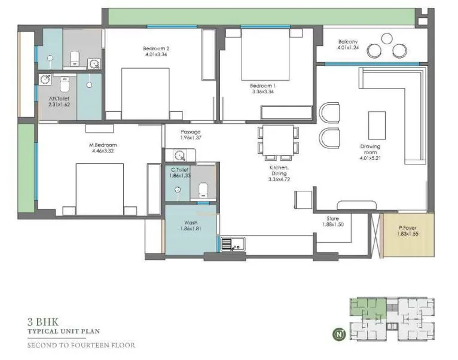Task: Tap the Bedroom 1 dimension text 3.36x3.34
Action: [x=262, y=93]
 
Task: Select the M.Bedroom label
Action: [x=103, y=145]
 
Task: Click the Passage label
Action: [x=191, y=132]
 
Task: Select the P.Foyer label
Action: [x=409, y=228]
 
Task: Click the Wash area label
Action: [x=191, y=223]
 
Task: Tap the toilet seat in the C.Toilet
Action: [x=203, y=190]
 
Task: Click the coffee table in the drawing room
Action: [x=377, y=124]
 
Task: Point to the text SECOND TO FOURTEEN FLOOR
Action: [x=81, y=345]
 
